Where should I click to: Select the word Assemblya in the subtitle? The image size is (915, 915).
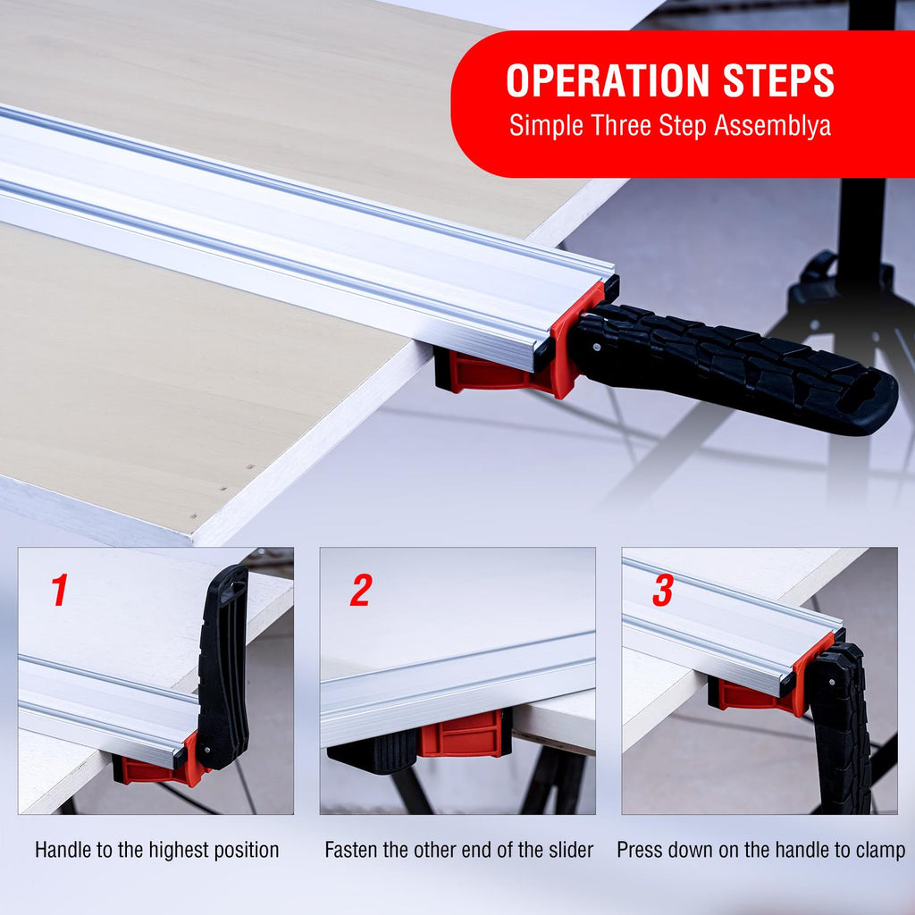click(x=773, y=126)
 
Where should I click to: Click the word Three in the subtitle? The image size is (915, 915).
click(x=621, y=125)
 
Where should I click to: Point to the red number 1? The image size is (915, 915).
click(x=60, y=590)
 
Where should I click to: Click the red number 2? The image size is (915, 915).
click(x=361, y=590)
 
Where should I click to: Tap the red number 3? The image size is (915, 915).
click(x=663, y=590)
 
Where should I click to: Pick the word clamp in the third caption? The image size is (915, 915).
click(x=880, y=851)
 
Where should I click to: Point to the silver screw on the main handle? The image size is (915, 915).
click(x=596, y=347)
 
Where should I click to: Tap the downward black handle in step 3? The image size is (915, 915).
click(x=841, y=729)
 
